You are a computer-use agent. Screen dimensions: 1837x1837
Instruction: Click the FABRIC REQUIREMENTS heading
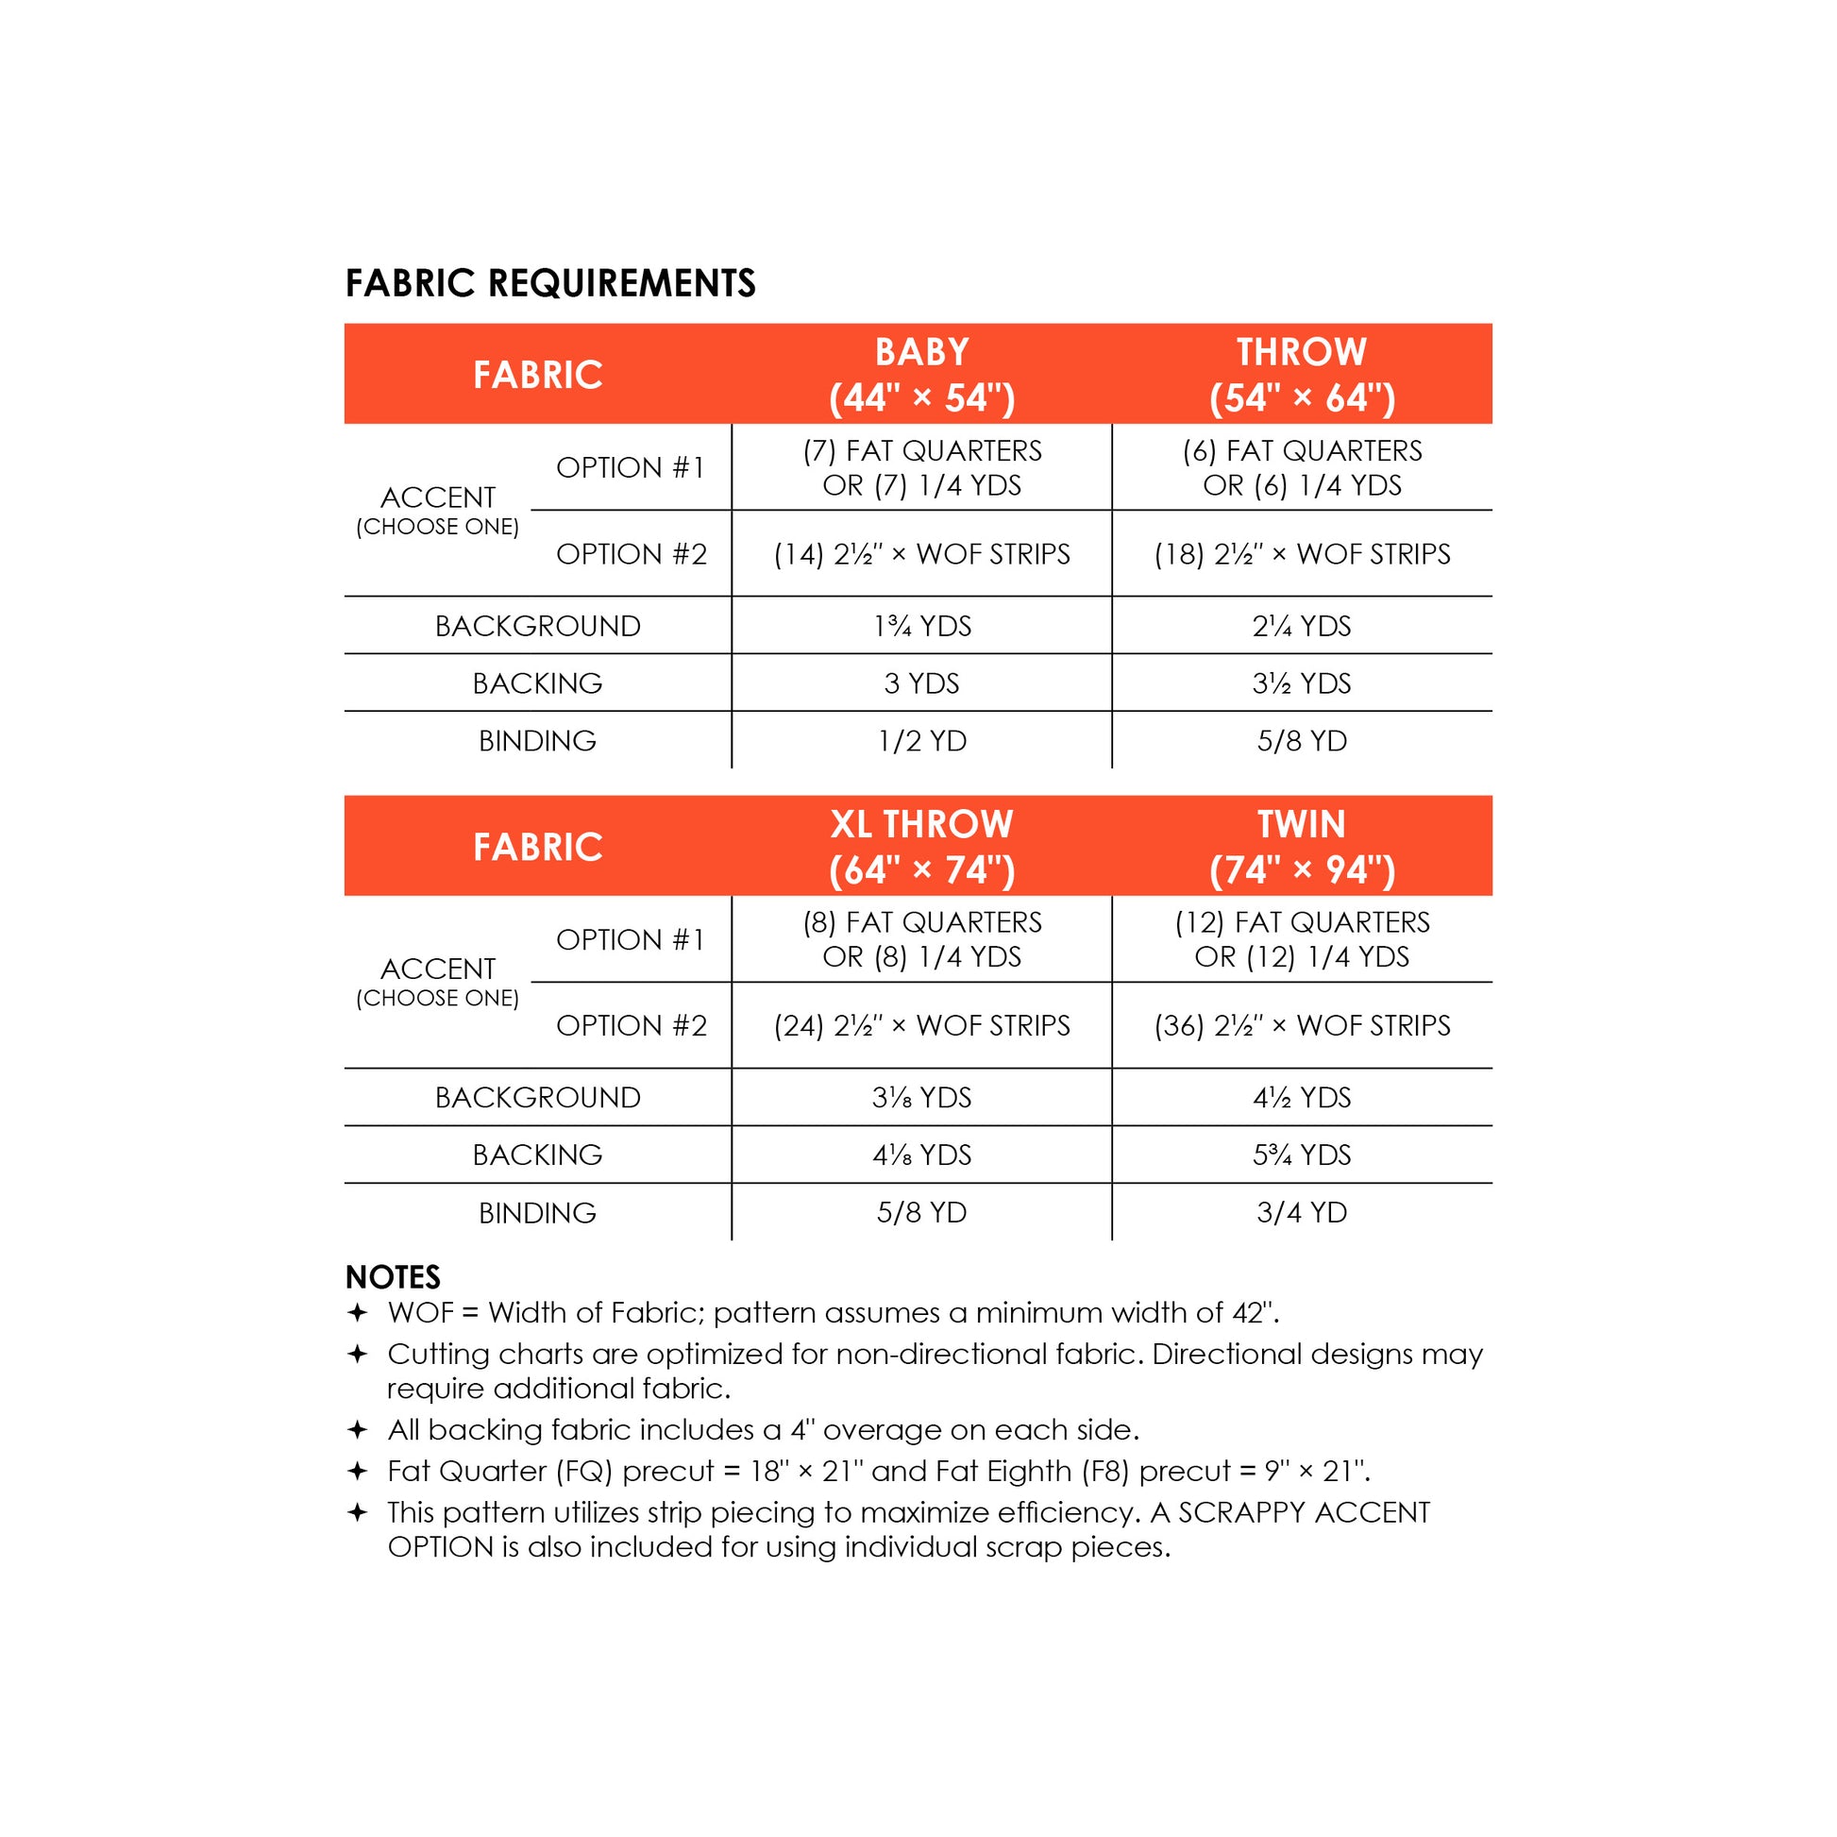coord(549,283)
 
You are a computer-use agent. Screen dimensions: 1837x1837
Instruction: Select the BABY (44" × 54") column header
coord(921,375)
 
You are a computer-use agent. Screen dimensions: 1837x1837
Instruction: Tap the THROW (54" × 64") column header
coord(1302,375)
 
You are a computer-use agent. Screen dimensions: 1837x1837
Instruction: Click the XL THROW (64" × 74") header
coord(921,846)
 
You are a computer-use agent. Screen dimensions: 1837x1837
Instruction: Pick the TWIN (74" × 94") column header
coord(1302,846)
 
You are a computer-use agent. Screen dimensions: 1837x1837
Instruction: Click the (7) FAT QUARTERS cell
coord(921,467)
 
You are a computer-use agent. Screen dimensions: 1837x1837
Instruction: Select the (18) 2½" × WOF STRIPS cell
coord(1302,553)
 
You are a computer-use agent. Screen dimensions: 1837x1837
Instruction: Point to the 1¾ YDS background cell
coord(921,626)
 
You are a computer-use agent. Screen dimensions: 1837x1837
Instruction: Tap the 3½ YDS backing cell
coord(1302,683)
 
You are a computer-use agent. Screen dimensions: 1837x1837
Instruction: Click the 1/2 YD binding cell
coord(921,741)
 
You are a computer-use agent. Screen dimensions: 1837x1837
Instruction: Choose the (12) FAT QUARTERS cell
coord(1302,938)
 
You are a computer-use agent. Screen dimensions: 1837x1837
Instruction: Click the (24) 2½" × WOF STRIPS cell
coord(921,1025)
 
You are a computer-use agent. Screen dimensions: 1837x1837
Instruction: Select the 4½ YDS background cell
coord(1302,1097)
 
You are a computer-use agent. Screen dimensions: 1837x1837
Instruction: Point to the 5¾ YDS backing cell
coord(1302,1154)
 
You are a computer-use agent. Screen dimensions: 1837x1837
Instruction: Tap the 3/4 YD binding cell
coord(1302,1212)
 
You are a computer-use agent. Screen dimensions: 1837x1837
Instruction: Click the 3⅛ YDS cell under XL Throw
coord(921,1097)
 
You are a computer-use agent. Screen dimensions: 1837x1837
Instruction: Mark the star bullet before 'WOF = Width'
coord(358,1313)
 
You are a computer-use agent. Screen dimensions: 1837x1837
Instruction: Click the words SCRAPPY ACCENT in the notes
coord(1304,1512)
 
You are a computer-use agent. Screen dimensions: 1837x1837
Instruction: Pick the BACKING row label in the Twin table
coord(537,1154)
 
